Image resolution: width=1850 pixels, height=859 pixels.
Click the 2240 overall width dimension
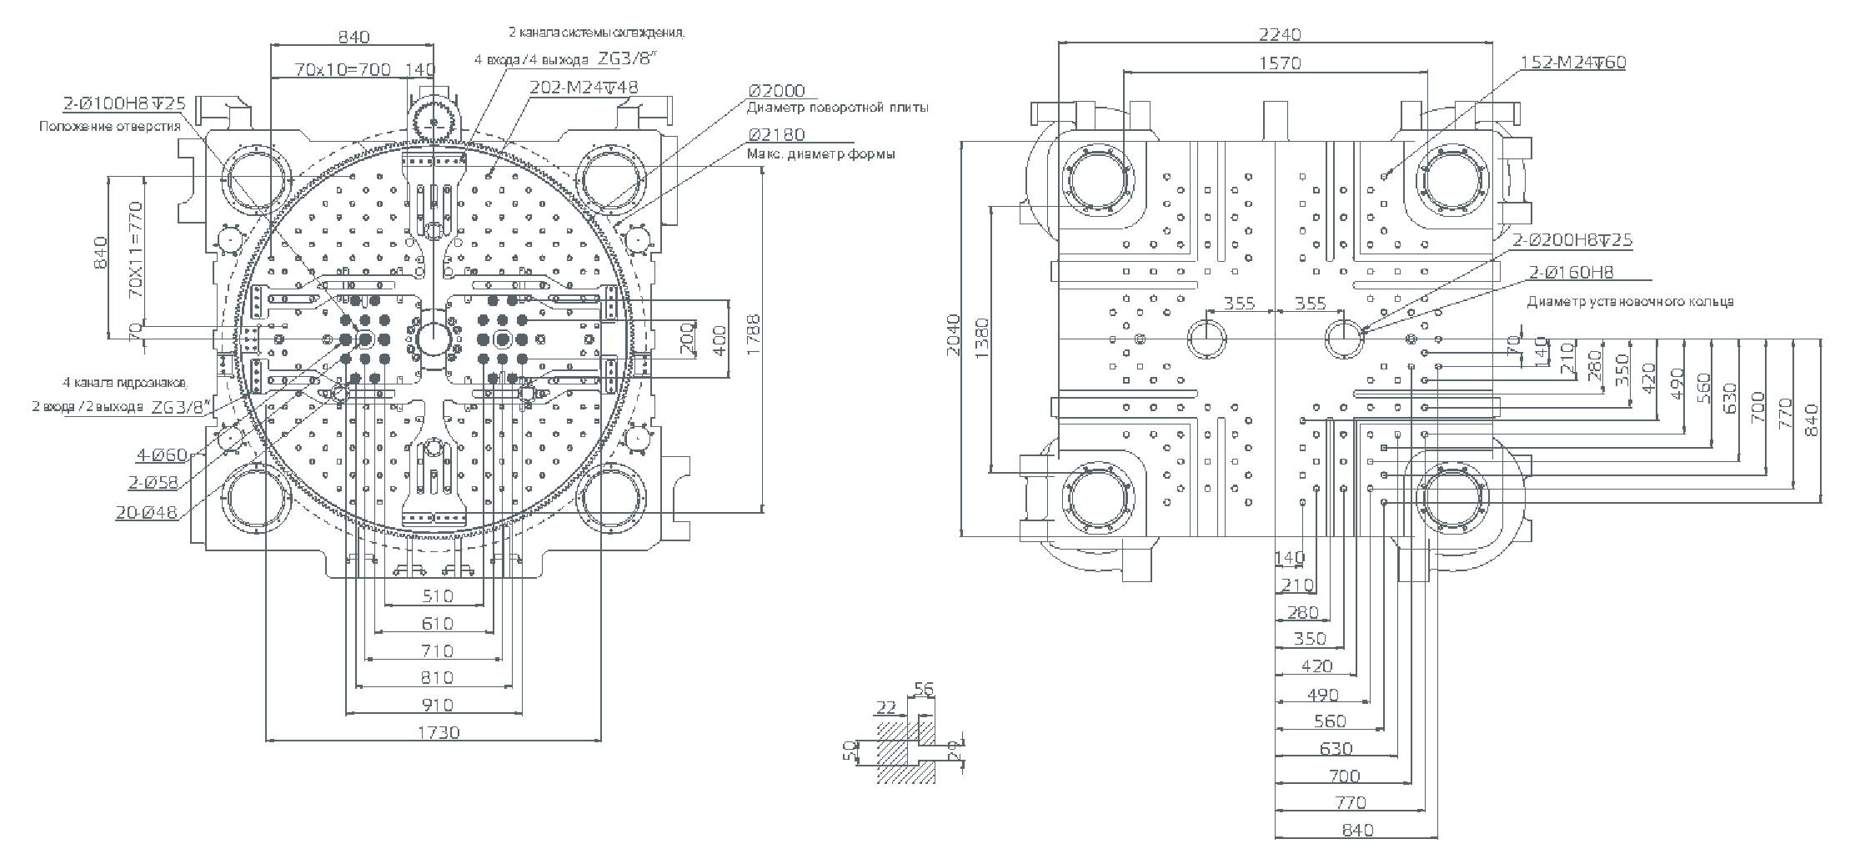[1280, 34]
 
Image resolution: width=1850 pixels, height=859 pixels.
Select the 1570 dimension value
[1280, 63]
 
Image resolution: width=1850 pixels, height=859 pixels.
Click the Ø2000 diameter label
[777, 91]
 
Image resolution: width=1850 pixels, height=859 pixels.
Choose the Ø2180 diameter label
[777, 135]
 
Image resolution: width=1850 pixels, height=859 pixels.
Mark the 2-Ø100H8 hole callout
[124, 104]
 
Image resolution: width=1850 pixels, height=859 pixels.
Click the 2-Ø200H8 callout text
[1572, 240]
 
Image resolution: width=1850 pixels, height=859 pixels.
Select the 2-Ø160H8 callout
[1571, 272]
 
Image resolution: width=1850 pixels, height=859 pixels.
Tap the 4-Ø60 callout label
[162, 455]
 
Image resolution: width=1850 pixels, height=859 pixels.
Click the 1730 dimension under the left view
[437, 732]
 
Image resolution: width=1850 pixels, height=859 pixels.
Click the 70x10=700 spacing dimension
[343, 69]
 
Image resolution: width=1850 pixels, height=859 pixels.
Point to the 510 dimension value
[437, 595]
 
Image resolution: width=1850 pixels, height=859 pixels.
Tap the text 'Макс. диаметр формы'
[820, 154]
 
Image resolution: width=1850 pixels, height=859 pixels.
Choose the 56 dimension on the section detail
[924, 689]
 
